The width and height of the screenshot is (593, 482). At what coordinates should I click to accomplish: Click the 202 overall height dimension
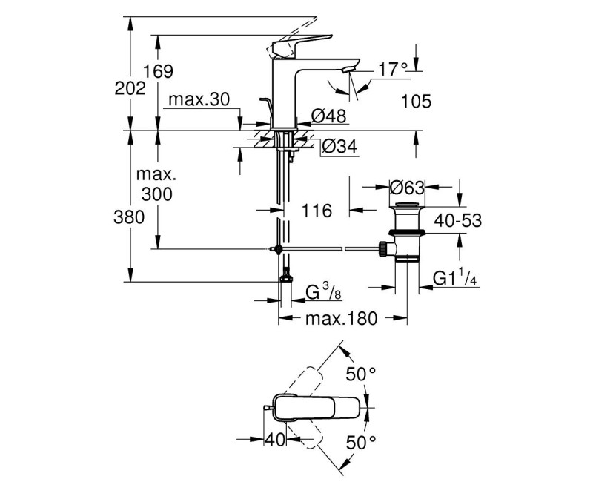(x=130, y=88)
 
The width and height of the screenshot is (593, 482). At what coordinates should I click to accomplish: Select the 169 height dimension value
(x=158, y=71)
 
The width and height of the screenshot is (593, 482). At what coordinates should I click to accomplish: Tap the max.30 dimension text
(x=199, y=99)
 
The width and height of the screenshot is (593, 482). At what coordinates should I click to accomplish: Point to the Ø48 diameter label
(x=328, y=116)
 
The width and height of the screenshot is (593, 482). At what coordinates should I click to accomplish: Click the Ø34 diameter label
(x=340, y=146)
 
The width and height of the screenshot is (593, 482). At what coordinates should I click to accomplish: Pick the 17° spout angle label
(x=394, y=69)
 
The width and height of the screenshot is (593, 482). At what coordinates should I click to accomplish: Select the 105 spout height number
(x=416, y=102)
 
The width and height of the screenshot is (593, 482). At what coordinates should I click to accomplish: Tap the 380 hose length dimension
(x=129, y=217)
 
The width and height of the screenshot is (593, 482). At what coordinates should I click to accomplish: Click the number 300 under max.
(x=157, y=194)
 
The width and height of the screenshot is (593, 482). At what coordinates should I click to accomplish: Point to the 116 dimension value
(x=317, y=211)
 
